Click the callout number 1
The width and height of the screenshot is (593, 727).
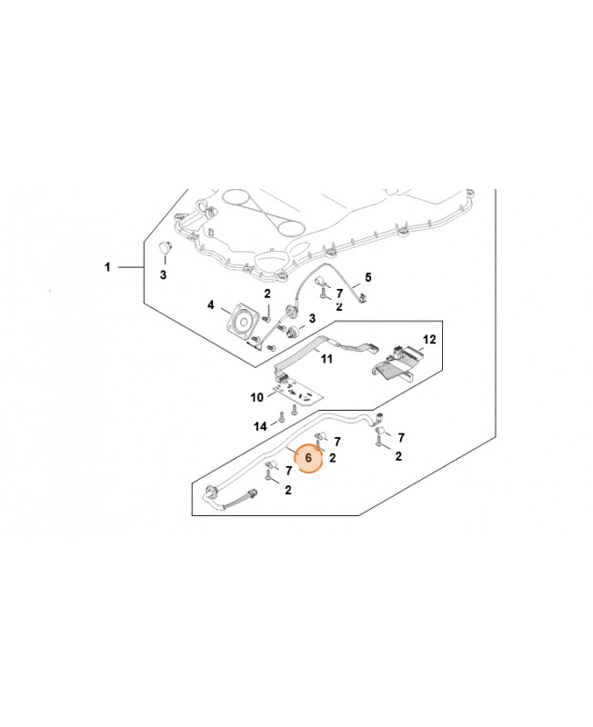[x=107, y=267]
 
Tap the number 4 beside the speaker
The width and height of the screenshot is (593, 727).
[x=211, y=305]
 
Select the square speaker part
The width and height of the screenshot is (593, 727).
[x=243, y=322]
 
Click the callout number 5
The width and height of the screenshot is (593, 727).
[x=368, y=276]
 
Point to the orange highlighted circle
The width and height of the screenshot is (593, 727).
[x=308, y=460]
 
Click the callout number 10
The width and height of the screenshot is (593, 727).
[x=256, y=397]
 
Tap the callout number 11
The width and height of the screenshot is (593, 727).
[x=327, y=359]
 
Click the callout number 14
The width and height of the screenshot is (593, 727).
[x=260, y=425]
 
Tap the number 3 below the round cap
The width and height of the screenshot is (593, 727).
[x=164, y=274]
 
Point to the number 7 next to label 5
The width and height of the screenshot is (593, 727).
[x=338, y=294]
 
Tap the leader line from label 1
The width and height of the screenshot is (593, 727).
[x=129, y=267]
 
